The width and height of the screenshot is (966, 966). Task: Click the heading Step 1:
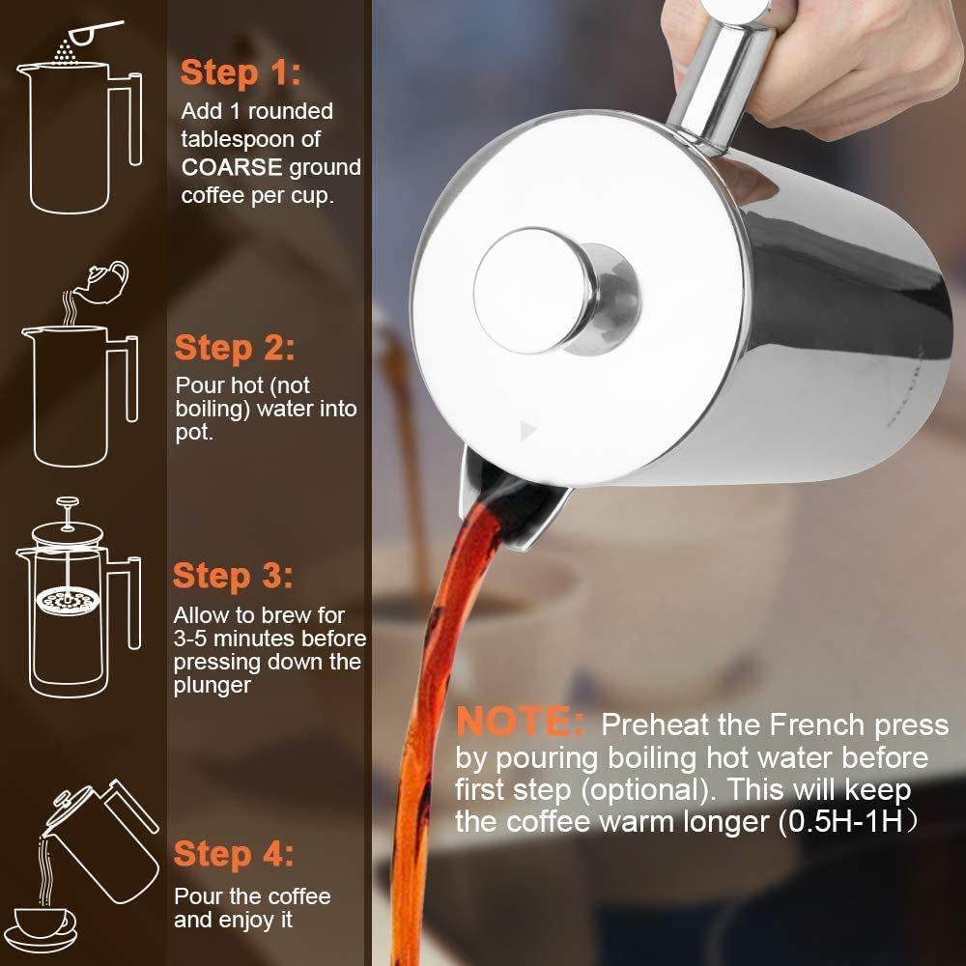[x=241, y=72]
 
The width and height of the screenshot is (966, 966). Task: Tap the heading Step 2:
[x=235, y=348]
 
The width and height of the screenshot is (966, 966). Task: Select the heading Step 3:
[x=233, y=577]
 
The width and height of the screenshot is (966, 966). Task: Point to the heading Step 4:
[x=234, y=854]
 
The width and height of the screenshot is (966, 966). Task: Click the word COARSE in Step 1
[x=232, y=167]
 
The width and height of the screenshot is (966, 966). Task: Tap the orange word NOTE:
[x=520, y=723]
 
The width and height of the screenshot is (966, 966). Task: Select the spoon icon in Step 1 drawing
[x=97, y=31]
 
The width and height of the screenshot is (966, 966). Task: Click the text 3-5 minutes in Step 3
[x=233, y=639]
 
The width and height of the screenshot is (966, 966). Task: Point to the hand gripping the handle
[x=850, y=58]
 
